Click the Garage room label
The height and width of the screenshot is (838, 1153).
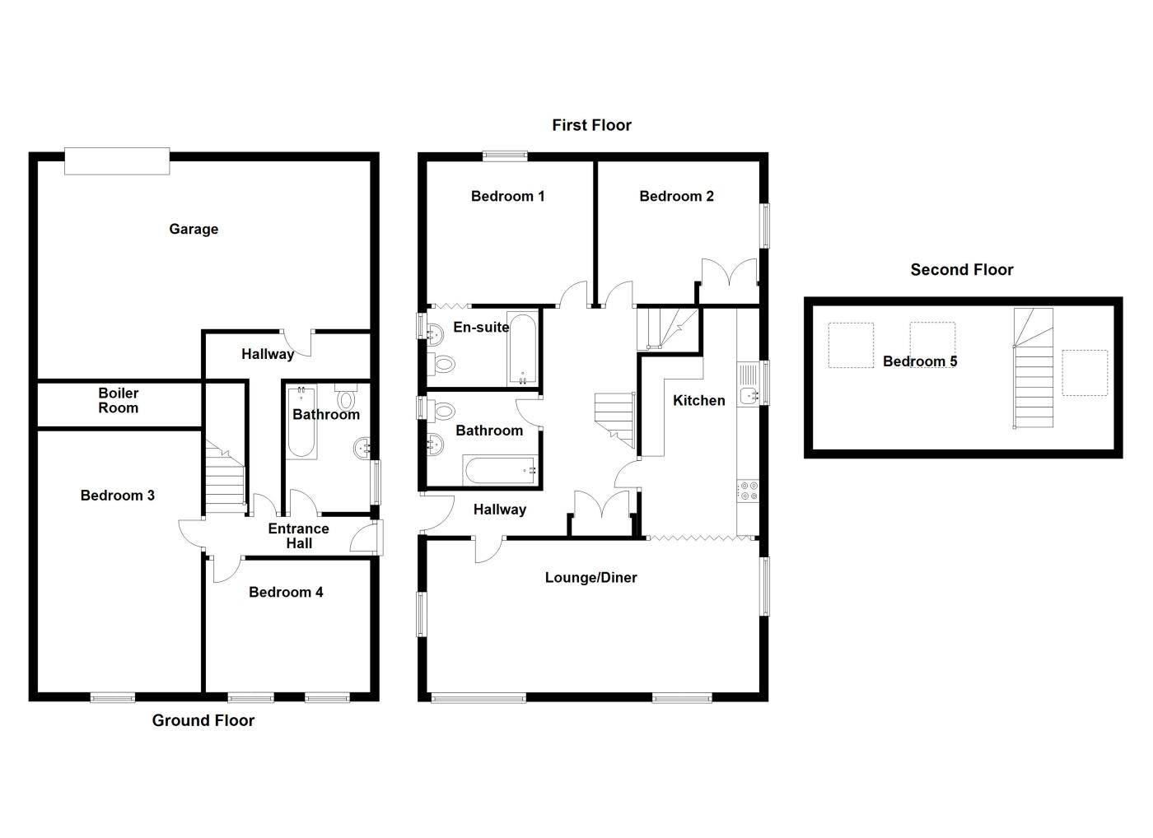click(194, 229)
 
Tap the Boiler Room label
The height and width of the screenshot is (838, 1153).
click(119, 401)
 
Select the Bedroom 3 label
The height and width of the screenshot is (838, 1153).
click(118, 496)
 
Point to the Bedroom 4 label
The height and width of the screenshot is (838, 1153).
click(286, 592)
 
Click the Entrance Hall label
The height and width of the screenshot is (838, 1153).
click(298, 536)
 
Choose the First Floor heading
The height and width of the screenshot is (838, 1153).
click(591, 125)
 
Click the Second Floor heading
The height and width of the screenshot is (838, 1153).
click(961, 269)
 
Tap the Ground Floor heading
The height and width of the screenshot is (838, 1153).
click(203, 720)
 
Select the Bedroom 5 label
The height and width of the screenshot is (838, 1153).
click(920, 361)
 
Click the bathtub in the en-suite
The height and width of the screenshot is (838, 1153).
click(523, 348)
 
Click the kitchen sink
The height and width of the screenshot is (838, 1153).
click(749, 395)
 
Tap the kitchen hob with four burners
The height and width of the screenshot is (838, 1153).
click(749, 491)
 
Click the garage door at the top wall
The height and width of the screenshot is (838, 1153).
click(118, 161)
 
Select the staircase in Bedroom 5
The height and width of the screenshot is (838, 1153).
click(1033, 369)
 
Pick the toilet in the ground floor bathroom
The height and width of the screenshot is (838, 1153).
click(346, 398)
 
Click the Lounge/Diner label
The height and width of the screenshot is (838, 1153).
click(591, 578)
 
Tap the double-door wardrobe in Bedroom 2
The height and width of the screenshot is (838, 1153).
click(729, 273)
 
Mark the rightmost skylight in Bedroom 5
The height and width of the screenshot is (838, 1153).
click(1084, 373)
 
